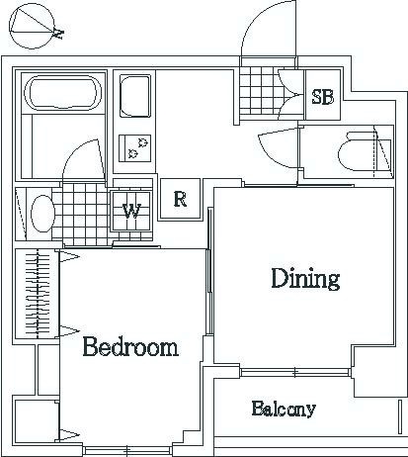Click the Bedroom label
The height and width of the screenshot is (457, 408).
[130, 346]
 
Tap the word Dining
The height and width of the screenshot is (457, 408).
[305, 279]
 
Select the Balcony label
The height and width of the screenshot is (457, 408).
[284, 409]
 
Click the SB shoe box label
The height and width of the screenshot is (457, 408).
[323, 97]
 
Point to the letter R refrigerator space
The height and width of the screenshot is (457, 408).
[180, 199]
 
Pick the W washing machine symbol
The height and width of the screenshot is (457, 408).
[131, 211]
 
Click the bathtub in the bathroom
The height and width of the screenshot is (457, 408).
[63, 93]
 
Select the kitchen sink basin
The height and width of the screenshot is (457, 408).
[135, 96]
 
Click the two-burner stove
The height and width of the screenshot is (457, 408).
[134, 148]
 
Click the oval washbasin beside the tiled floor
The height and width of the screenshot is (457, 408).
[42, 214]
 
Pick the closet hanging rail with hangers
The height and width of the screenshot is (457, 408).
[38, 294]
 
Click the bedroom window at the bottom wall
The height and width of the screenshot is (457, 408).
[127, 451]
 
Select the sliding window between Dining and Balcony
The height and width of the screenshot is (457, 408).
[294, 373]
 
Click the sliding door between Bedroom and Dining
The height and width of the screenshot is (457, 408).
[209, 271]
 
